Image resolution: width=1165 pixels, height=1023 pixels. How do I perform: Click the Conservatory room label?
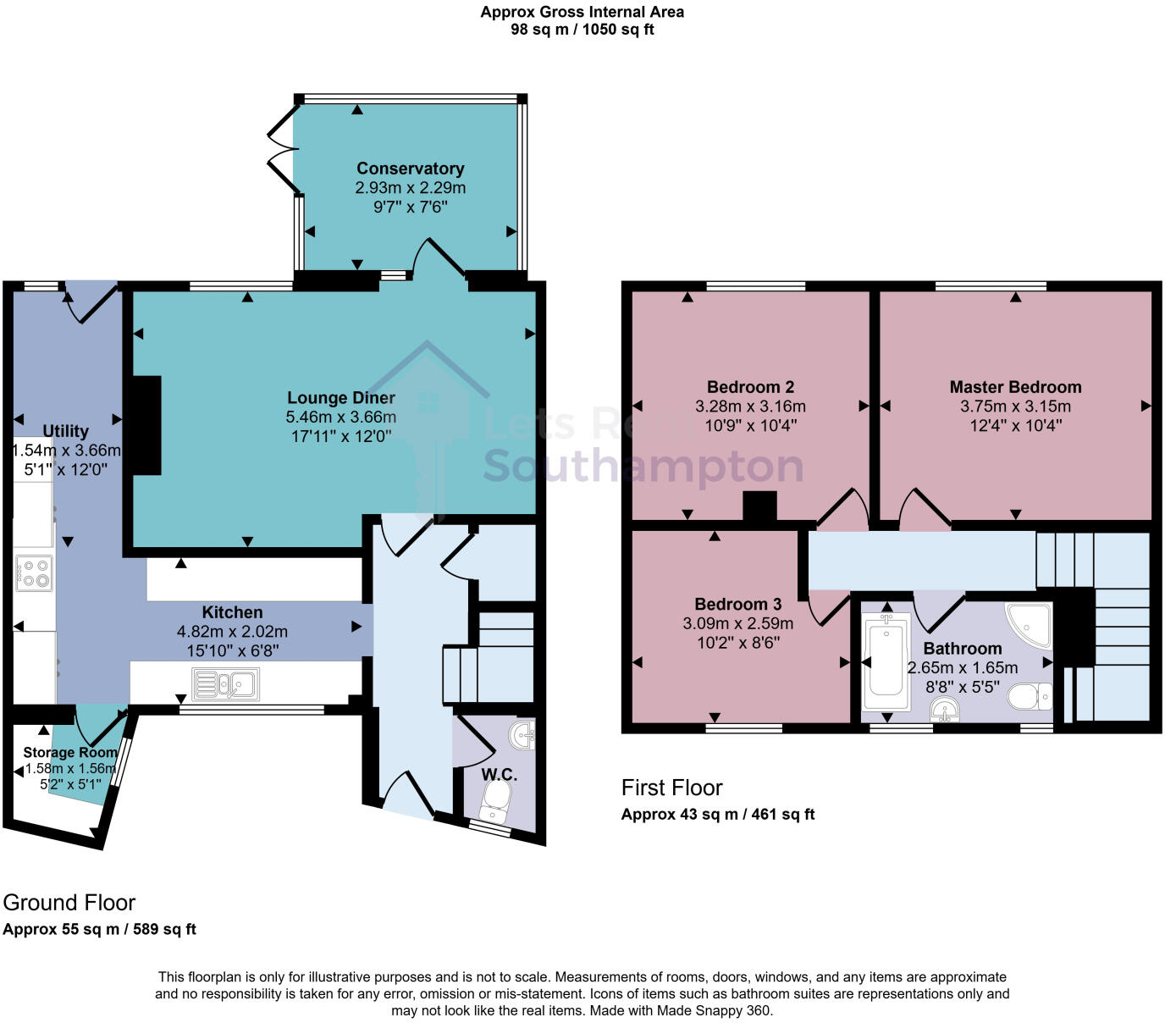[x=410, y=169]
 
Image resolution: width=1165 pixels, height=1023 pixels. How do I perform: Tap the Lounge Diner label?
[x=341, y=398]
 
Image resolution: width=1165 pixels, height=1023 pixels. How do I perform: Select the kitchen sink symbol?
[x=226, y=684]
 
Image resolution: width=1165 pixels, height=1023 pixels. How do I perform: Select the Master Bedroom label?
[x=1015, y=387]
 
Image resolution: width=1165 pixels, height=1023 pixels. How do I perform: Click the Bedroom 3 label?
[x=737, y=604]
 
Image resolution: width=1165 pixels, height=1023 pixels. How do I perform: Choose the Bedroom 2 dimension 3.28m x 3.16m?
[x=750, y=406]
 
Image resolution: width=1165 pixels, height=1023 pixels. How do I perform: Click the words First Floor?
[x=671, y=788]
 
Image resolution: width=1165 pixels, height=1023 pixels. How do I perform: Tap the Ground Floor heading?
[x=69, y=903]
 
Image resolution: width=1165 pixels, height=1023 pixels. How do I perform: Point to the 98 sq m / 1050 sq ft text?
[x=582, y=30]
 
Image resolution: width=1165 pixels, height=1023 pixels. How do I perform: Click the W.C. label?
[x=500, y=774]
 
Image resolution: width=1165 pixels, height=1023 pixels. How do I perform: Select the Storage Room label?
[x=69, y=752]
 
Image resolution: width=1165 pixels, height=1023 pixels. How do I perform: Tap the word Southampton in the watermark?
[x=643, y=467]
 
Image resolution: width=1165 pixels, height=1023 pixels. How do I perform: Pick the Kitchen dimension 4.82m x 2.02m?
[x=232, y=632]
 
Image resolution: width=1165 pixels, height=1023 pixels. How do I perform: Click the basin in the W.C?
[x=523, y=733]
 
